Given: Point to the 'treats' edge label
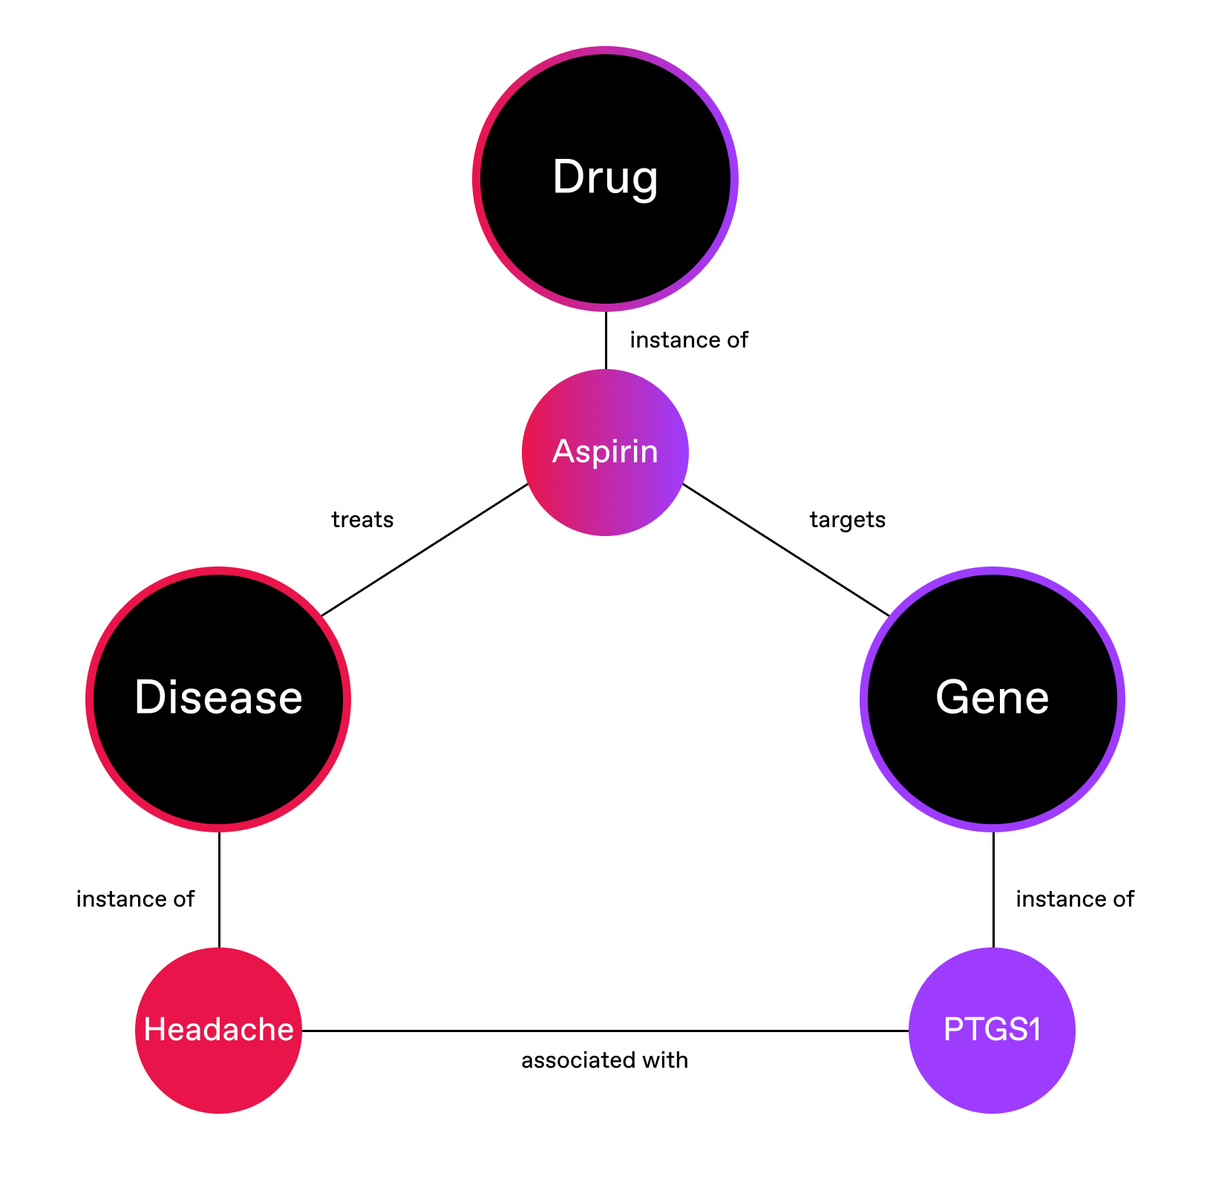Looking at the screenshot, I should click(x=362, y=520).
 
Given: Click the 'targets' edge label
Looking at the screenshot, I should click(x=848, y=520).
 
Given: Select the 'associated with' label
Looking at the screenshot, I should click(x=604, y=1060).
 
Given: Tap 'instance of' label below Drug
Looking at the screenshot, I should click(x=689, y=340).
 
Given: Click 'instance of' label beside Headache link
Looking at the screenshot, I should click(x=135, y=899).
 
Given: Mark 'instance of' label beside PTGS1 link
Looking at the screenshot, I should click(x=1075, y=899).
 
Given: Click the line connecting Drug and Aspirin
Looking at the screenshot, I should click(x=606, y=340).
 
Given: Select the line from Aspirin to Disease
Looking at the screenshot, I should click(x=425, y=549).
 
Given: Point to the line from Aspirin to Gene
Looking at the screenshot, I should click(x=785, y=549).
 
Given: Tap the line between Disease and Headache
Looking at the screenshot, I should click(x=219, y=890).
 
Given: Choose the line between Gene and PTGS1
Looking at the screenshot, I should click(x=993, y=890).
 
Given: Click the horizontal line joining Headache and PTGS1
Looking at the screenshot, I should click(x=605, y=1031).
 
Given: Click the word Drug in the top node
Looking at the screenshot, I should click(x=605, y=178).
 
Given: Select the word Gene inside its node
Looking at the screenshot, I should click(x=992, y=698).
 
